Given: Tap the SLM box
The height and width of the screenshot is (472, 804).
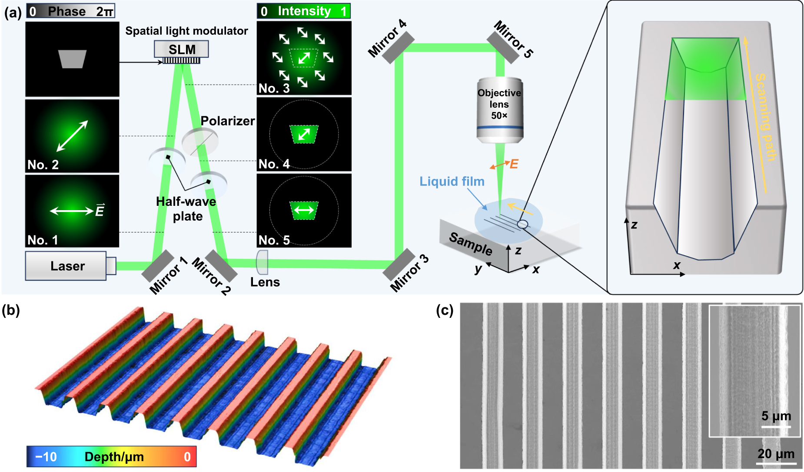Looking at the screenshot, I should tap(181, 49).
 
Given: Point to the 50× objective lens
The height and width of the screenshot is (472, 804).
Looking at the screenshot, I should tap(499, 111).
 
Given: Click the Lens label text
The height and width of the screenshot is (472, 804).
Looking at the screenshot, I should tap(265, 282).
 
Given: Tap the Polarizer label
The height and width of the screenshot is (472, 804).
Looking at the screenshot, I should tap(228, 121).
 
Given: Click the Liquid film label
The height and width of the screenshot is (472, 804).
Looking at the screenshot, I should tap(452, 181).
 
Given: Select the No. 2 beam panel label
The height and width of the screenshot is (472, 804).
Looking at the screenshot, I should tap(43, 165).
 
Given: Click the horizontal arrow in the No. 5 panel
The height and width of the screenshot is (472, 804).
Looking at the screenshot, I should tap(304, 210).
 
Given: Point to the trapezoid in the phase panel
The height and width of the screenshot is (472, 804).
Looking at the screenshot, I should tap(73, 59).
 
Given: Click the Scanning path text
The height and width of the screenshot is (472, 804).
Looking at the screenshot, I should tap(766, 117).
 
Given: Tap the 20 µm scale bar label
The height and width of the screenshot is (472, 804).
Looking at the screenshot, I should tap(776, 454).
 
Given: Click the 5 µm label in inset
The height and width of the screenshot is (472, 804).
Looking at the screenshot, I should tap(776, 416).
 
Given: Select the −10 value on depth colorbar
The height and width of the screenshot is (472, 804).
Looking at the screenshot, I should tap(46, 457).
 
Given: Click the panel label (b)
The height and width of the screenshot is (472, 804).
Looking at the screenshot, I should tap(11, 310).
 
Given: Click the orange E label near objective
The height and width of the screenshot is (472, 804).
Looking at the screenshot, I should tap(514, 164).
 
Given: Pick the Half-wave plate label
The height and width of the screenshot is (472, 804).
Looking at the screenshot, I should tap(186, 209).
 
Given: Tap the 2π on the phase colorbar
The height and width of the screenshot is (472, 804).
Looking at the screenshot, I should tap(104, 11).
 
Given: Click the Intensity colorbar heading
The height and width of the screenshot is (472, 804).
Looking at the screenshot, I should tap(304, 11).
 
